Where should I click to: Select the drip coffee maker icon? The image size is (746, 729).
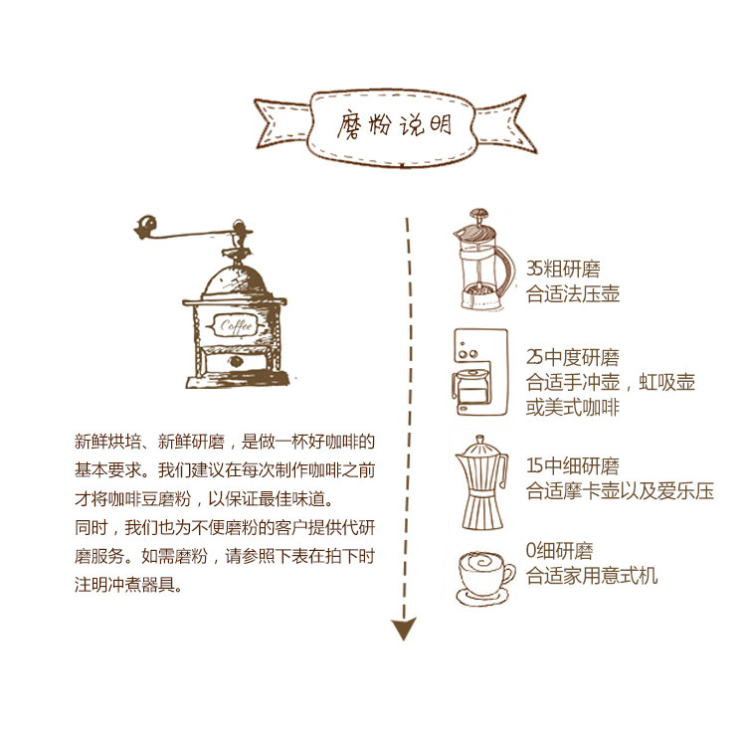(x=480, y=374)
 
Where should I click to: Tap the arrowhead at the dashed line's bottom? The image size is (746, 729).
(x=403, y=629)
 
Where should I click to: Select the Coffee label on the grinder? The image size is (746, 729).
(x=237, y=326)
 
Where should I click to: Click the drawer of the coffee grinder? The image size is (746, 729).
(x=235, y=360)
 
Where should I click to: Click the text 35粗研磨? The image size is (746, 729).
(x=563, y=269)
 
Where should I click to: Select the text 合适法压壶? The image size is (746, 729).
(x=573, y=293)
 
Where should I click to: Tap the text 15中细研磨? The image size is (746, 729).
(x=572, y=466)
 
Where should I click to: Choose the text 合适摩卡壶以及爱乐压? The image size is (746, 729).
(x=619, y=491)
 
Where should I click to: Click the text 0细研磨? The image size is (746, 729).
(x=559, y=551)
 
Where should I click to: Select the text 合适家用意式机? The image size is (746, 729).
(x=591, y=575)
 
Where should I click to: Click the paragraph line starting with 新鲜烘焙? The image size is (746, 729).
(x=225, y=441)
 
